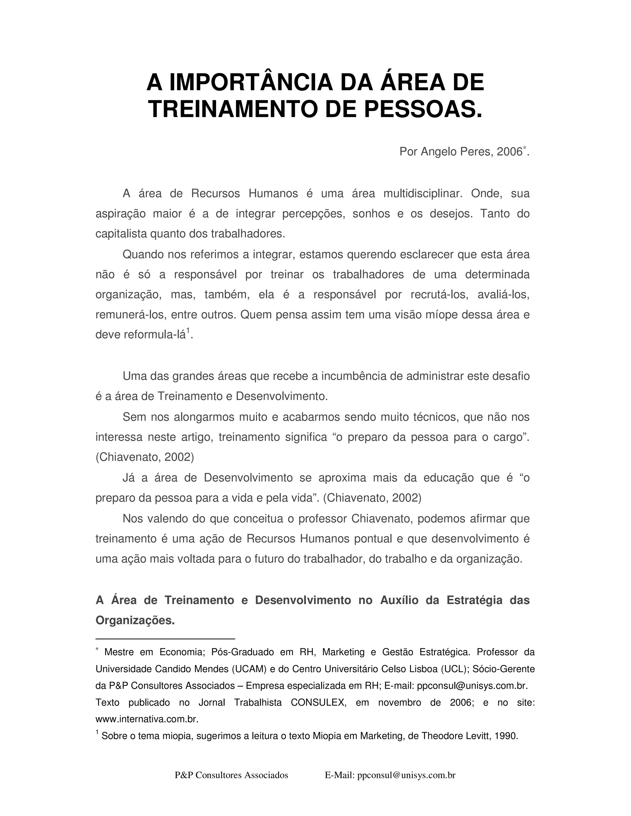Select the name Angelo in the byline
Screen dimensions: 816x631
pos(434,152)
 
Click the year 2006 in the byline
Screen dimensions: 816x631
pos(509,152)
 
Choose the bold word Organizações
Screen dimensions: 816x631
pos(135,620)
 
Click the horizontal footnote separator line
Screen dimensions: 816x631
pos(165,639)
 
